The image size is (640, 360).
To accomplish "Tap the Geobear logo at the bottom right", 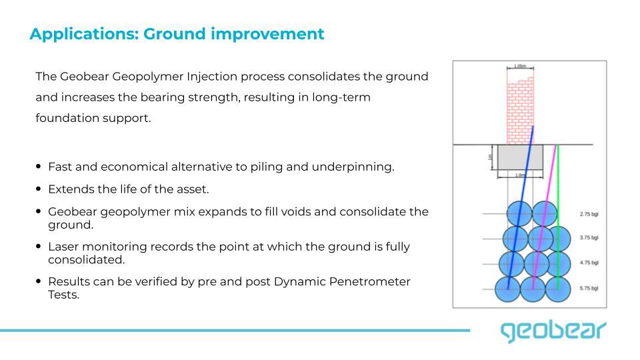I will (553, 331).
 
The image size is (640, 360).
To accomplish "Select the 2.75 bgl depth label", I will (589, 215).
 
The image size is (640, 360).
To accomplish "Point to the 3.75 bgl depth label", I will (589, 237).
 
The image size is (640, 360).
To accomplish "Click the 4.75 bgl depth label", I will (589, 263).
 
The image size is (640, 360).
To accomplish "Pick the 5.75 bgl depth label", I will (589, 288).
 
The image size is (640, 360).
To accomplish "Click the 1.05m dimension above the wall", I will (520, 67).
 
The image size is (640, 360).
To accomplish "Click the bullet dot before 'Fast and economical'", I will (39, 167).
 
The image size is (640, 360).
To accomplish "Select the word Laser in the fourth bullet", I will (63, 247).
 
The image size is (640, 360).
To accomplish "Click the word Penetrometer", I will (370, 281).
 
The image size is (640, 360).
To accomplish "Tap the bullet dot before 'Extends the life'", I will (39, 189).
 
